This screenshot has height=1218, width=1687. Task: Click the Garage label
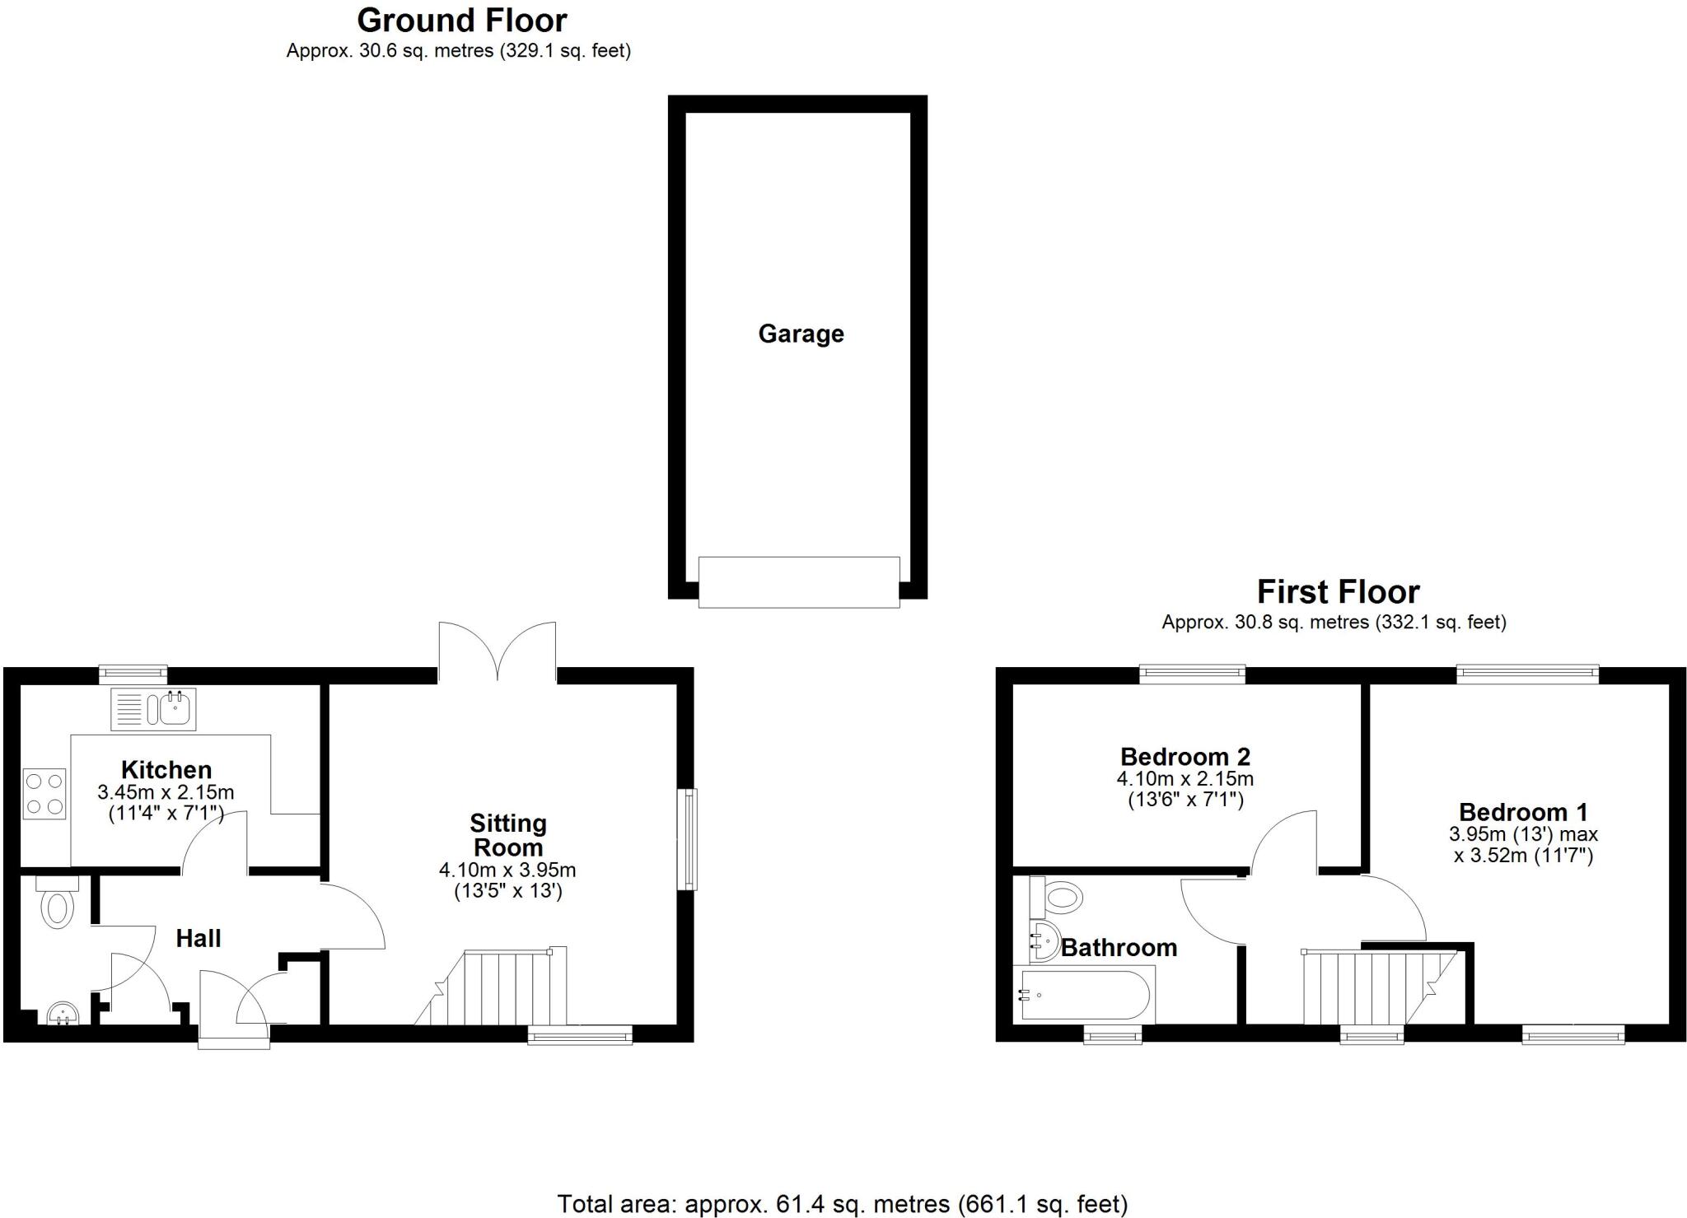[x=801, y=334]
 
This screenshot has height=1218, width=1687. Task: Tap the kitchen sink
[x=154, y=708]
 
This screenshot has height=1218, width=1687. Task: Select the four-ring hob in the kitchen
[x=44, y=793]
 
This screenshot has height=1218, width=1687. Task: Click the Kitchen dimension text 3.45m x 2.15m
[x=166, y=792]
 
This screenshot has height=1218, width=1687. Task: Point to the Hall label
[x=198, y=938]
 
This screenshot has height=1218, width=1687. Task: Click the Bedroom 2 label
[x=1185, y=756]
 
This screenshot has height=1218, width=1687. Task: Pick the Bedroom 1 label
[x=1522, y=812]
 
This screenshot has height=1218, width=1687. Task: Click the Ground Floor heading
[x=461, y=21]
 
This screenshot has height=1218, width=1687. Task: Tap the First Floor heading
[x=1337, y=592]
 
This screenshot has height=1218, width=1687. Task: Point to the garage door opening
[x=798, y=582]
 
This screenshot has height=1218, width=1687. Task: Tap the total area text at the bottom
[x=842, y=1204]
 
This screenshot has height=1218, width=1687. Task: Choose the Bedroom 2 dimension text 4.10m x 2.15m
[x=1185, y=778]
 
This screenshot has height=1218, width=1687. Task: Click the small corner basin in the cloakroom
[x=62, y=1012]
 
